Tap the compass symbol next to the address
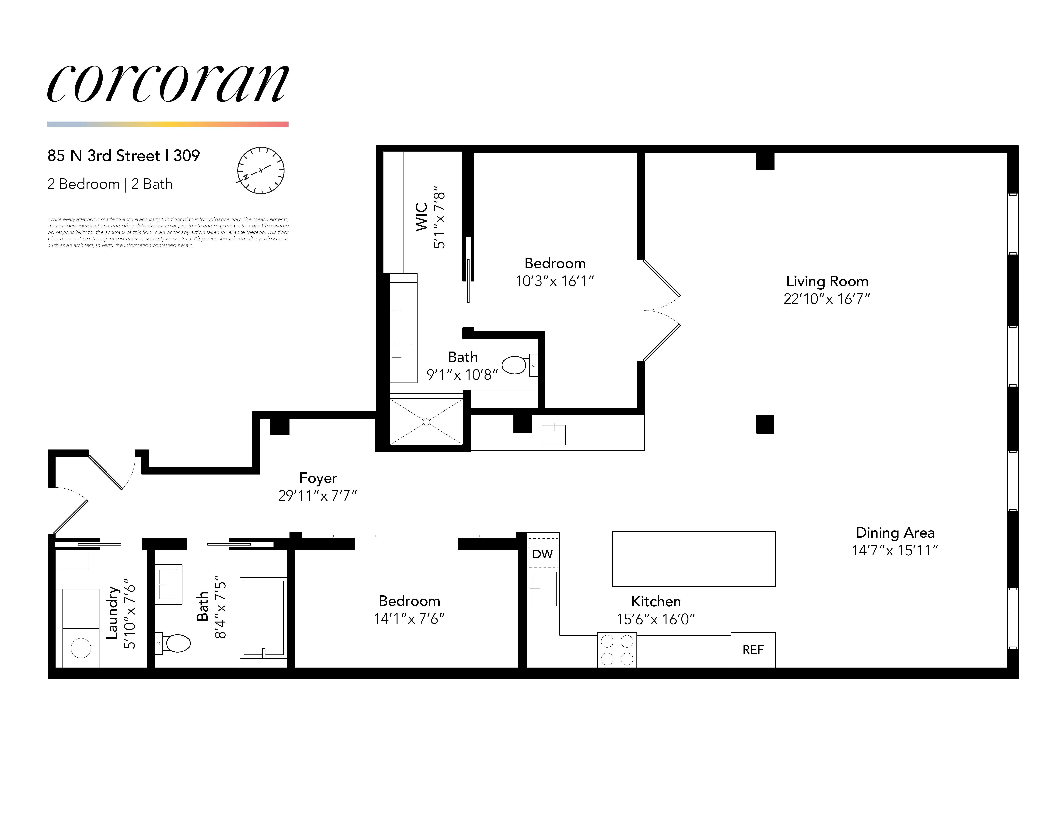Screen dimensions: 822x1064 click(x=261, y=170)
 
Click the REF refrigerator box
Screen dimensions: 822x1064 click(x=753, y=650)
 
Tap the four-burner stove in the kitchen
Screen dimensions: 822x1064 click(x=617, y=650)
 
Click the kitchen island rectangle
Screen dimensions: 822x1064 click(x=693, y=559)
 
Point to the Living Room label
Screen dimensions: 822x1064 click(x=827, y=281)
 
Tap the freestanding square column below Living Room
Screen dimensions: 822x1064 click(x=765, y=424)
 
